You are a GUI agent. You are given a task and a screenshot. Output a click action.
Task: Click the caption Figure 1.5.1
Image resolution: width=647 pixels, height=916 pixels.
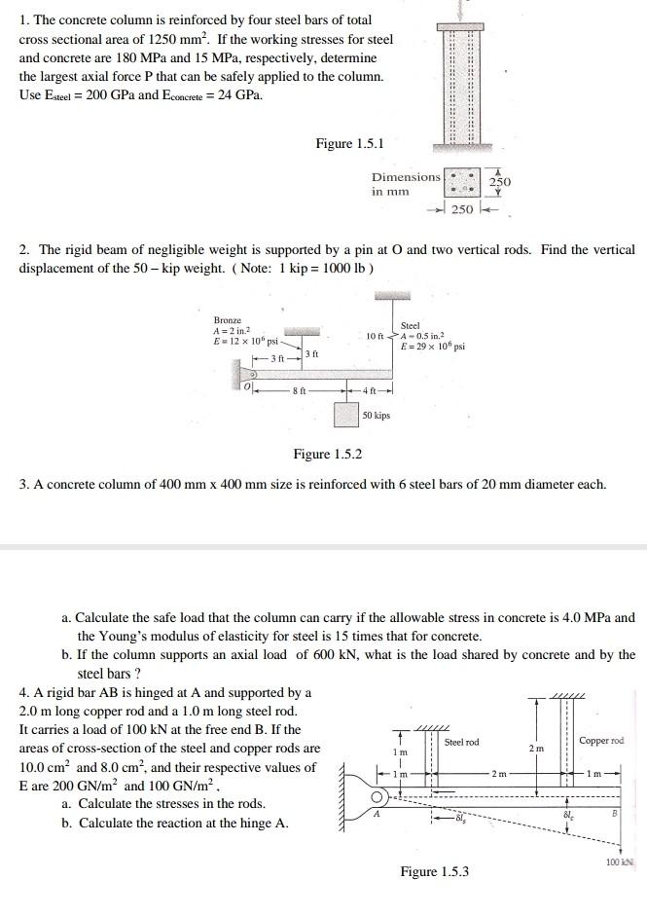(349, 144)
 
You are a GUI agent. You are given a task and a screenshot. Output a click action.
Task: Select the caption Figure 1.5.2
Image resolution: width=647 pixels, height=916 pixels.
(328, 455)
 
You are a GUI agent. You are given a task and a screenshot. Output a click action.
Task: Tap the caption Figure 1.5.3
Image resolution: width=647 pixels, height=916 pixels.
(434, 871)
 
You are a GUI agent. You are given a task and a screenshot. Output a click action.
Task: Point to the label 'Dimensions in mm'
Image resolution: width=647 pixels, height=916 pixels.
(405, 184)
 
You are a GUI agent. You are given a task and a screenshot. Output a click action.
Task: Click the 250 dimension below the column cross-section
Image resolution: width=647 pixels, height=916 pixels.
(462, 210)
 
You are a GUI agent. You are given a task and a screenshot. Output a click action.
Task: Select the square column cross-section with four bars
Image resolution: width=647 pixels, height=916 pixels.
(462, 182)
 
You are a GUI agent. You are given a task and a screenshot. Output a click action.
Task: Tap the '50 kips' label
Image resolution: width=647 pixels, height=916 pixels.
(376, 416)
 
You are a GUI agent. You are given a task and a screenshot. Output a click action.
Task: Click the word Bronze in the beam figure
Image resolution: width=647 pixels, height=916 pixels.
(228, 320)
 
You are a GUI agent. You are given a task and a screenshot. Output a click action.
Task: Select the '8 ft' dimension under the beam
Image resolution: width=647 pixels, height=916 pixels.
(300, 391)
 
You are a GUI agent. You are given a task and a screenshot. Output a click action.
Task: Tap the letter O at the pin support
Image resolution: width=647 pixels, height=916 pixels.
(247, 386)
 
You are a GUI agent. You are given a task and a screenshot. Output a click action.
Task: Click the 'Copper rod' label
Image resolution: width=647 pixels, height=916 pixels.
(601, 741)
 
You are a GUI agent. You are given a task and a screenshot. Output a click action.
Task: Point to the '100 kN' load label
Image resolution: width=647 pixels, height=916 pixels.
(619, 862)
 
